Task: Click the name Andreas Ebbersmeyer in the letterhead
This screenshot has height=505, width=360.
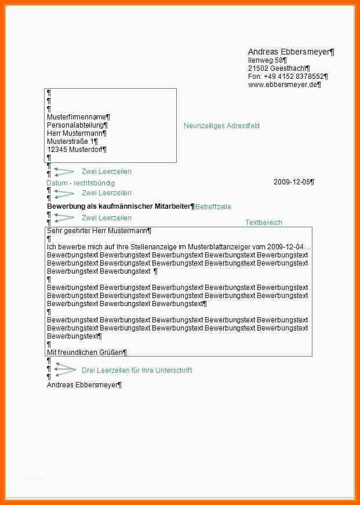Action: (290, 52)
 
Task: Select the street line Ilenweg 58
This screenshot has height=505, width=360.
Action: (267, 60)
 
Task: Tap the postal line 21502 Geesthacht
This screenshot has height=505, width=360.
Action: (278, 68)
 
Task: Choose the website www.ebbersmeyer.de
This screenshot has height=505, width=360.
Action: (283, 85)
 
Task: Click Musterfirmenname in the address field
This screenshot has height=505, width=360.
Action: (78, 117)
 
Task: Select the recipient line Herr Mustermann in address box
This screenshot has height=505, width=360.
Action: (76, 133)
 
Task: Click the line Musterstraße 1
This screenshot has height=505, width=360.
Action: (72, 141)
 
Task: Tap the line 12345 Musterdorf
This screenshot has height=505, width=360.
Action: (76, 150)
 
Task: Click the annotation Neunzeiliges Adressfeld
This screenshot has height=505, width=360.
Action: (221, 126)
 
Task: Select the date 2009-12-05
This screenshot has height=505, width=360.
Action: (293, 182)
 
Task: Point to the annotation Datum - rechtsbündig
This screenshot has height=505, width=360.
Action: (81, 183)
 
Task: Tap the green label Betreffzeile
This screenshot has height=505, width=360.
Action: (213, 207)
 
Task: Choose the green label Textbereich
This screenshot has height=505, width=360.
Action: (264, 223)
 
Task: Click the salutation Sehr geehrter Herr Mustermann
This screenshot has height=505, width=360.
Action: (98, 231)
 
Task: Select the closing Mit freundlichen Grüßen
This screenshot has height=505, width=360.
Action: (86, 352)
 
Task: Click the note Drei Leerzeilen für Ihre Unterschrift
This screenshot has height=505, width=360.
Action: (137, 370)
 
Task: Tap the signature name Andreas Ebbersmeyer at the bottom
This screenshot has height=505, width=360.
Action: (83, 384)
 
